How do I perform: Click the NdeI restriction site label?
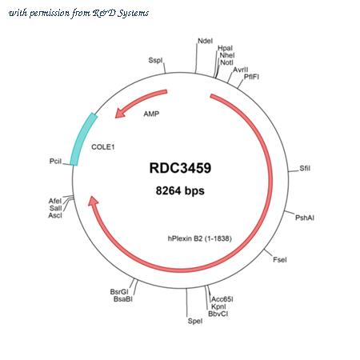[x=205, y=41]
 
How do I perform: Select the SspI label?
[x=155, y=60]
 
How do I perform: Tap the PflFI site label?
[x=251, y=77]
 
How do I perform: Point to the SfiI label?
[x=305, y=168]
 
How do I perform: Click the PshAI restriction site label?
[x=305, y=218]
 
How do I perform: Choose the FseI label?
[x=280, y=260]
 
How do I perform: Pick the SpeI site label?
[x=195, y=321]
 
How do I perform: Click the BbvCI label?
[x=218, y=314]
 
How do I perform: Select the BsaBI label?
[x=123, y=299]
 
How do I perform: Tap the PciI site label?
[x=55, y=162]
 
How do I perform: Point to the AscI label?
[x=55, y=215]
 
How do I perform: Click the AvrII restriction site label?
[x=241, y=70]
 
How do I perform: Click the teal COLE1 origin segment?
[x=82, y=138]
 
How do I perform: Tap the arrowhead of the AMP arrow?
[x=120, y=113]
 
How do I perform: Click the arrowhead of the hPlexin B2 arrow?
[x=93, y=201]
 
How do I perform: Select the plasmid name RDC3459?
[x=180, y=168]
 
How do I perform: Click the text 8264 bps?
[x=180, y=190]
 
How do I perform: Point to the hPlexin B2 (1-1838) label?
[x=200, y=238]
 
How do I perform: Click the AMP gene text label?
[x=151, y=114]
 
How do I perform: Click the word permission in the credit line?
[x=50, y=13]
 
